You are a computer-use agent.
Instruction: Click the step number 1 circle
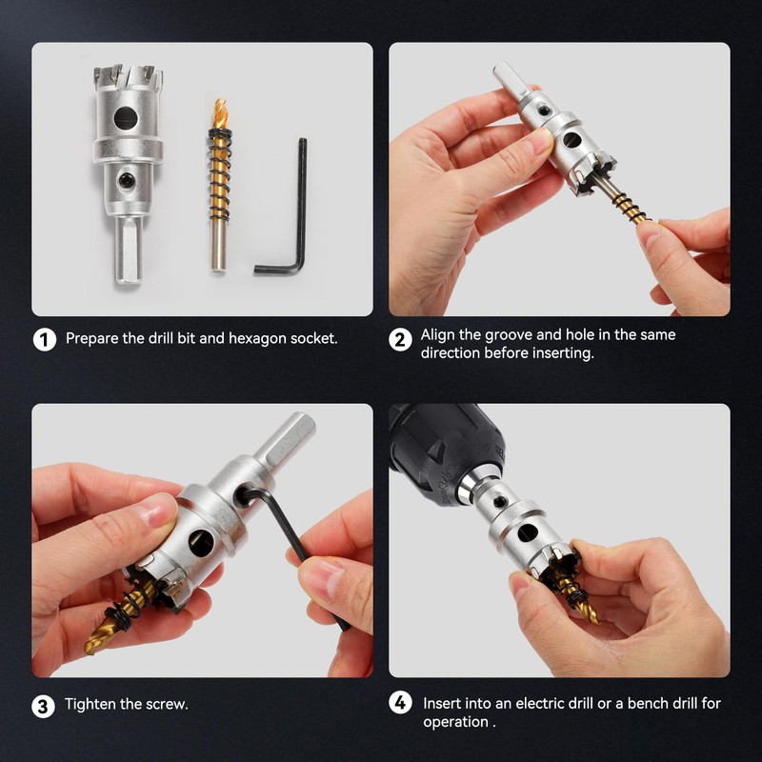click(x=45, y=339)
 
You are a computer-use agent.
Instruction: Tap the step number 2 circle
click(x=400, y=339)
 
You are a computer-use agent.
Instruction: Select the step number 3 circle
click(x=43, y=706)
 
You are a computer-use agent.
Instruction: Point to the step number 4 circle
click(x=400, y=703)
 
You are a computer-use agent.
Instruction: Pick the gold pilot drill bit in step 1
click(x=220, y=185)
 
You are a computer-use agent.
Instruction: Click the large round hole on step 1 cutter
click(x=126, y=118)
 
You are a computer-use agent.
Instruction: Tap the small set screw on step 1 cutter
click(x=127, y=180)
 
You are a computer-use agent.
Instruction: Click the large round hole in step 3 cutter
click(x=201, y=543)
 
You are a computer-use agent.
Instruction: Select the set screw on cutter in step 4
click(x=499, y=501)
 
